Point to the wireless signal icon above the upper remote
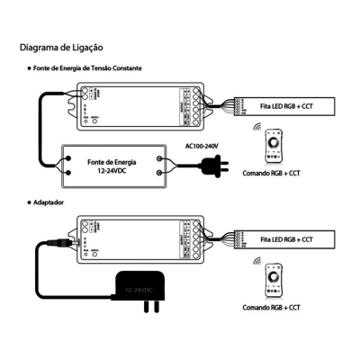261,126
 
